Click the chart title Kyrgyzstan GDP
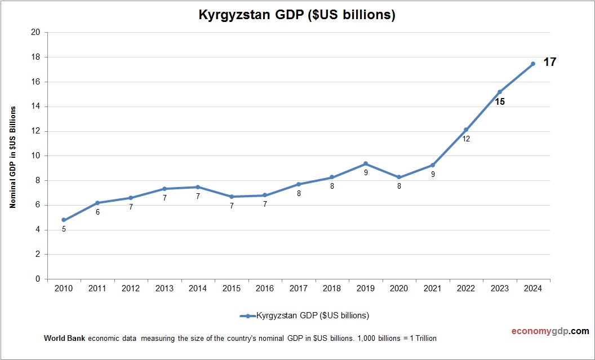[x=297, y=15]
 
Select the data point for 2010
[x=64, y=220]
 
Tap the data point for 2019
[x=366, y=163]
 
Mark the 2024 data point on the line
[x=533, y=64]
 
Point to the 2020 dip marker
[x=399, y=177]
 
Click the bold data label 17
[x=549, y=62]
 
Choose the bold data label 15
[x=499, y=102]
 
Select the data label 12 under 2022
[x=466, y=139]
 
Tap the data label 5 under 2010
[x=64, y=229]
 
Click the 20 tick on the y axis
[x=35, y=32]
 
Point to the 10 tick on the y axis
[x=35, y=155]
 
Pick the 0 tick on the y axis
[x=38, y=279]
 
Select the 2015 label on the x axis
[x=231, y=288]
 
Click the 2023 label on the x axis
[x=499, y=288]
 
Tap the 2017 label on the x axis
[x=298, y=288]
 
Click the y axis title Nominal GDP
[x=12, y=156]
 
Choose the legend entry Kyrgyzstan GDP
[x=312, y=315]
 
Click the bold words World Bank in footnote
[x=64, y=338]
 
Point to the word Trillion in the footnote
[x=423, y=338]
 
